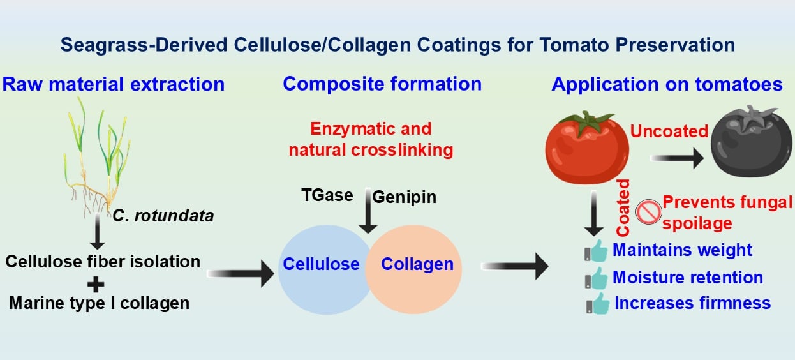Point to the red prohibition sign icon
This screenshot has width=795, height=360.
coord(649,211)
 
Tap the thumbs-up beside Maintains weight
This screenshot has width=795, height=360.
coord(597,251)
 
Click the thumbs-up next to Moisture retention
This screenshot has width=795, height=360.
coord(597,278)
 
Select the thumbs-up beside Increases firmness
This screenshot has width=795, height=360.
coord(597,303)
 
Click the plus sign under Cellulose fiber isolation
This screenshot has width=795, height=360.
coord(97,283)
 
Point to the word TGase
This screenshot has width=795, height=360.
coord(327,195)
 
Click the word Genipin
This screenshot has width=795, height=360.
coord(404,197)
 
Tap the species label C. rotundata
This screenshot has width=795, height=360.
coord(163,216)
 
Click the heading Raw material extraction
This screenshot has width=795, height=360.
coord(114,84)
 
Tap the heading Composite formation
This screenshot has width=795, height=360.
coord(382,84)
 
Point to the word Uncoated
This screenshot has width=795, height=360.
coord(669,131)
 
